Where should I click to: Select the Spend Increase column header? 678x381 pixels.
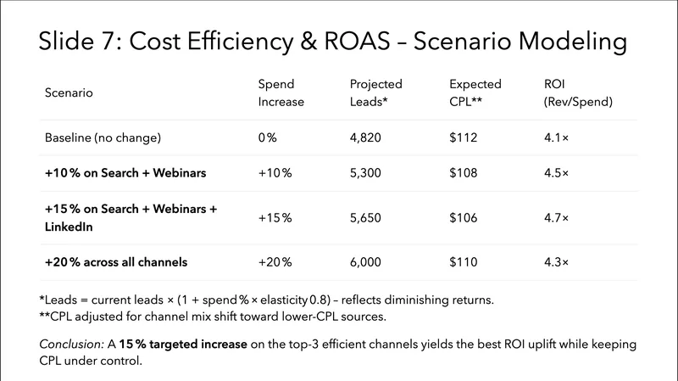[x=281, y=92]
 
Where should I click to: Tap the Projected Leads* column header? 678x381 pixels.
[x=376, y=92]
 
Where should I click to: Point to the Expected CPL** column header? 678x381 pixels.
[x=475, y=92]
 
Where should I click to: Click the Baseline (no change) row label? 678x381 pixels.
[x=103, y=137]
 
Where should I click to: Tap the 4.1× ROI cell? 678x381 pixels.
[x=556, y=137]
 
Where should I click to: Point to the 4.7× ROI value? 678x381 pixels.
[x=556, y=218]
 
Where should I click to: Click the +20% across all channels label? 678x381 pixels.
[x=115, y=262]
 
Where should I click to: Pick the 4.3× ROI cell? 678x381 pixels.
[x=556, y=262]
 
